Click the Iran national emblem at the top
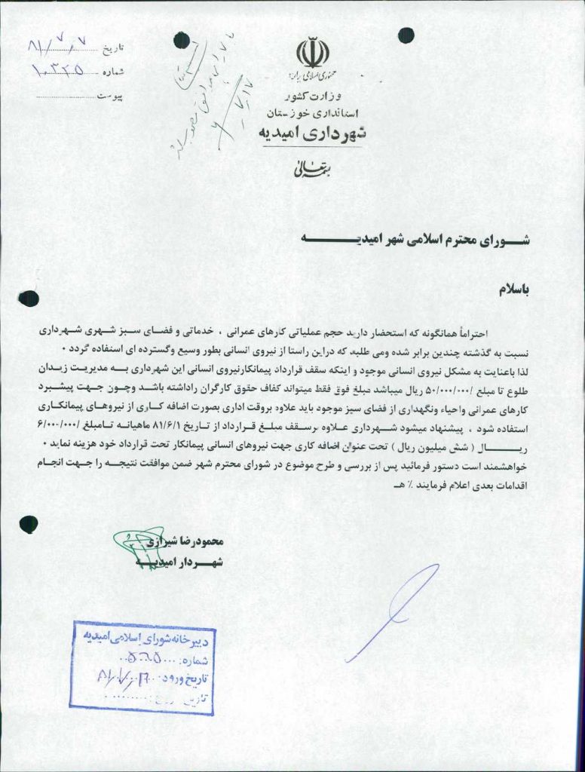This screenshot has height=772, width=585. click(x=313, y=53)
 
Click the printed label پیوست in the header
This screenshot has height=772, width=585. click(x=112, y=97)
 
